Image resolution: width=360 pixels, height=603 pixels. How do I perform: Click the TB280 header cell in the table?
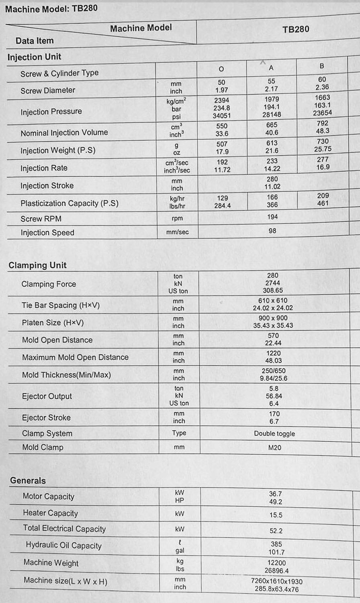[296, 29]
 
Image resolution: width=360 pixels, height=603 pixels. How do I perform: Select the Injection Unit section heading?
[34, 57]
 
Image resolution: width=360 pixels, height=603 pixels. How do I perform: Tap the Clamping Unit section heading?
[37, 265]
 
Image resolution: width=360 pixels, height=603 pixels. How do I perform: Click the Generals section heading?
[28, 481]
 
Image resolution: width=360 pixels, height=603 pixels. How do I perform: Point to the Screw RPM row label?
[41, 219]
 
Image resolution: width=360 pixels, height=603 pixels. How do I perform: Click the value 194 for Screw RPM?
[272, 217]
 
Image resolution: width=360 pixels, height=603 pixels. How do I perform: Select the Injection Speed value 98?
[272, 231]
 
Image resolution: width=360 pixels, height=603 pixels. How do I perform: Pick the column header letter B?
[322, 66]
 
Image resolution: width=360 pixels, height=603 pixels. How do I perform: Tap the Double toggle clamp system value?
[274, 434]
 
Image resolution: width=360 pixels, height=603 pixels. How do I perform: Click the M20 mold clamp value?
[274, 448]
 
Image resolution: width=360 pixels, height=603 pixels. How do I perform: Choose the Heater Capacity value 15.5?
[276, 515]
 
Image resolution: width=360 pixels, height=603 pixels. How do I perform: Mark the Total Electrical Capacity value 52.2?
[276, 531]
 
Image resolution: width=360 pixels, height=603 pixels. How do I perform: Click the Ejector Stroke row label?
[46, 418]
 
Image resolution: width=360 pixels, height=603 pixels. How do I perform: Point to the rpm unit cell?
[177, 219]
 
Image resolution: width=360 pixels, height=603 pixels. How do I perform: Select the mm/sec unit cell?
[177, 232]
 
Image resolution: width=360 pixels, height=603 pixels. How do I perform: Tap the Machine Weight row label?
[51, 563]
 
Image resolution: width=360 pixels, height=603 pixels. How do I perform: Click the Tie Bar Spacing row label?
[61, 306]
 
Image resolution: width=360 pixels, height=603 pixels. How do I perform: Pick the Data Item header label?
[35, 41]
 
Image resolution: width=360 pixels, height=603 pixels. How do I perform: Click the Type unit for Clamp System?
[179, 433]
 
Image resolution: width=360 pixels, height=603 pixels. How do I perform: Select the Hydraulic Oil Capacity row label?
[63, 546]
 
